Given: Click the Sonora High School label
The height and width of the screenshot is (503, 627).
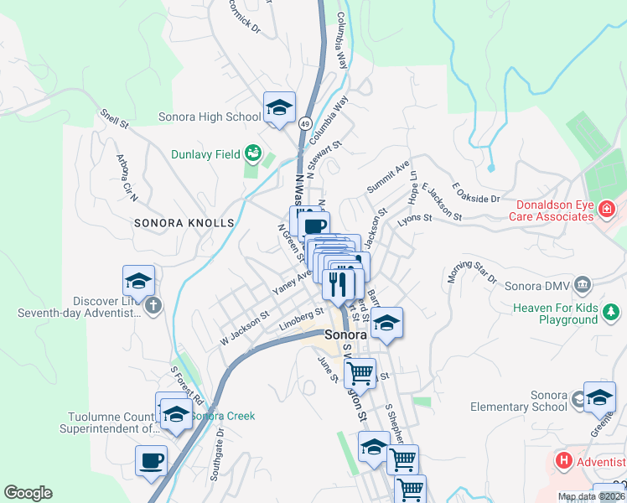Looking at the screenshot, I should (x=210, y=117).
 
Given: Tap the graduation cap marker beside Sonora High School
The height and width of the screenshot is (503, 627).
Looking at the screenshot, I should (x=280, y=108).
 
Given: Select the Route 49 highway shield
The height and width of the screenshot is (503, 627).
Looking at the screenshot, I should (x=304, y=122).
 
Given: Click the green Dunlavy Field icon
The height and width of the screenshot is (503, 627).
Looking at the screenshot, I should (x=252, y=154).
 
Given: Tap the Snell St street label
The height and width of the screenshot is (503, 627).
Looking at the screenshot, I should (x=114, y=118).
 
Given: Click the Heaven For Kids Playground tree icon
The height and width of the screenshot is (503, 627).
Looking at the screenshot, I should (x=613, y=313).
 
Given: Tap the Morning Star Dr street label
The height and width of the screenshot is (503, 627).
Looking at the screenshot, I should (x=473, y=266).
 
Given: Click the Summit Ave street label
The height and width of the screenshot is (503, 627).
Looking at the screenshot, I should (x=387, y=176).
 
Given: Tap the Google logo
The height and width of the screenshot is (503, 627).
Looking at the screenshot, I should (x=28, y=493).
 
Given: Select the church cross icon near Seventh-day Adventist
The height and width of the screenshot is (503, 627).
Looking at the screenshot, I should (x=153, y=306).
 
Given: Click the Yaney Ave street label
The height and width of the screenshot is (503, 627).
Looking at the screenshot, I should (x=292, y=281).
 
